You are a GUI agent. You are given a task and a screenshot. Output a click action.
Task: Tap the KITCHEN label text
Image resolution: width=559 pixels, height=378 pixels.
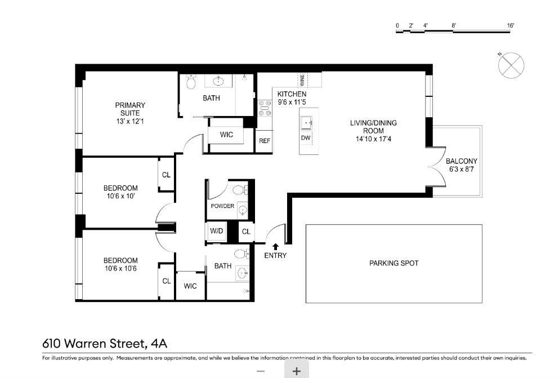[x=292, y=94]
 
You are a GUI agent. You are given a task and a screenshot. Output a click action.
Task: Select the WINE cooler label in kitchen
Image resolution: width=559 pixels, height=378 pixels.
[x=302, y=79]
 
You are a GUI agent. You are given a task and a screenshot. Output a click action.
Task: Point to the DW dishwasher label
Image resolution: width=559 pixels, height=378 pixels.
[x=306, y=138]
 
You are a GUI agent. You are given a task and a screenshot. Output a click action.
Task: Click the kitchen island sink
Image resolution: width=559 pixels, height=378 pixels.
[x=307, y=122]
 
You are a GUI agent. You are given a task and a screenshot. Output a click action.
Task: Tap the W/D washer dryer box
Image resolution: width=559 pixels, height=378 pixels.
[x=217, y=232]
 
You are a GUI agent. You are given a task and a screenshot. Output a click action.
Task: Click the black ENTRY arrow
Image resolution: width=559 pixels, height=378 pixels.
[x=275, y=246]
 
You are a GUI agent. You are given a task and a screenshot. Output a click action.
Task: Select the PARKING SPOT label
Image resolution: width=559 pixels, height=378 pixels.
[x=393, y=263]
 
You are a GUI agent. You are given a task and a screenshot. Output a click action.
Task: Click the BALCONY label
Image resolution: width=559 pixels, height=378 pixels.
[x=461, y=161]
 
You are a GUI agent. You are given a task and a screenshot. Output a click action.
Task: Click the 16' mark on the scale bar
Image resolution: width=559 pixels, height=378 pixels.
[x=511, y=26]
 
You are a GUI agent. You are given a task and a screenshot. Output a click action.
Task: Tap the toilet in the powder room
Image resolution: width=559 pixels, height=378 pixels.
[x=238, y=189]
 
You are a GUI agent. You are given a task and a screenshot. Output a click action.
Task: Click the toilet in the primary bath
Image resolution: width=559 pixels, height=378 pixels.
[x=191, y=83]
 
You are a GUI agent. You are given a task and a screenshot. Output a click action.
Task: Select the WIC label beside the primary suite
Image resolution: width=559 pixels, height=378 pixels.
[x=226, y=135]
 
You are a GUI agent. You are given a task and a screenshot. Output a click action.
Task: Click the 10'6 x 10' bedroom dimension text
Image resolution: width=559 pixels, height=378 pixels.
[x=120, y=196]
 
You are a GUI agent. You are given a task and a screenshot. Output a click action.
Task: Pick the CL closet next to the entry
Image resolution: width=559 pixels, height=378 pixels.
[x=246, y=232]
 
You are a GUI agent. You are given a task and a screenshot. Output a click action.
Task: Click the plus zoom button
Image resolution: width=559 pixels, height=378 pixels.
[x=297, y=371]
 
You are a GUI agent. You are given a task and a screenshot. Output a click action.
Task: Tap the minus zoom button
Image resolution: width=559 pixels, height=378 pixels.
[x=261, y=371]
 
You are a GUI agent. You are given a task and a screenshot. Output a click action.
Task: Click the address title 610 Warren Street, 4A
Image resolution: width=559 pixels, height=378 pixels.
[x=105, y=343]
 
